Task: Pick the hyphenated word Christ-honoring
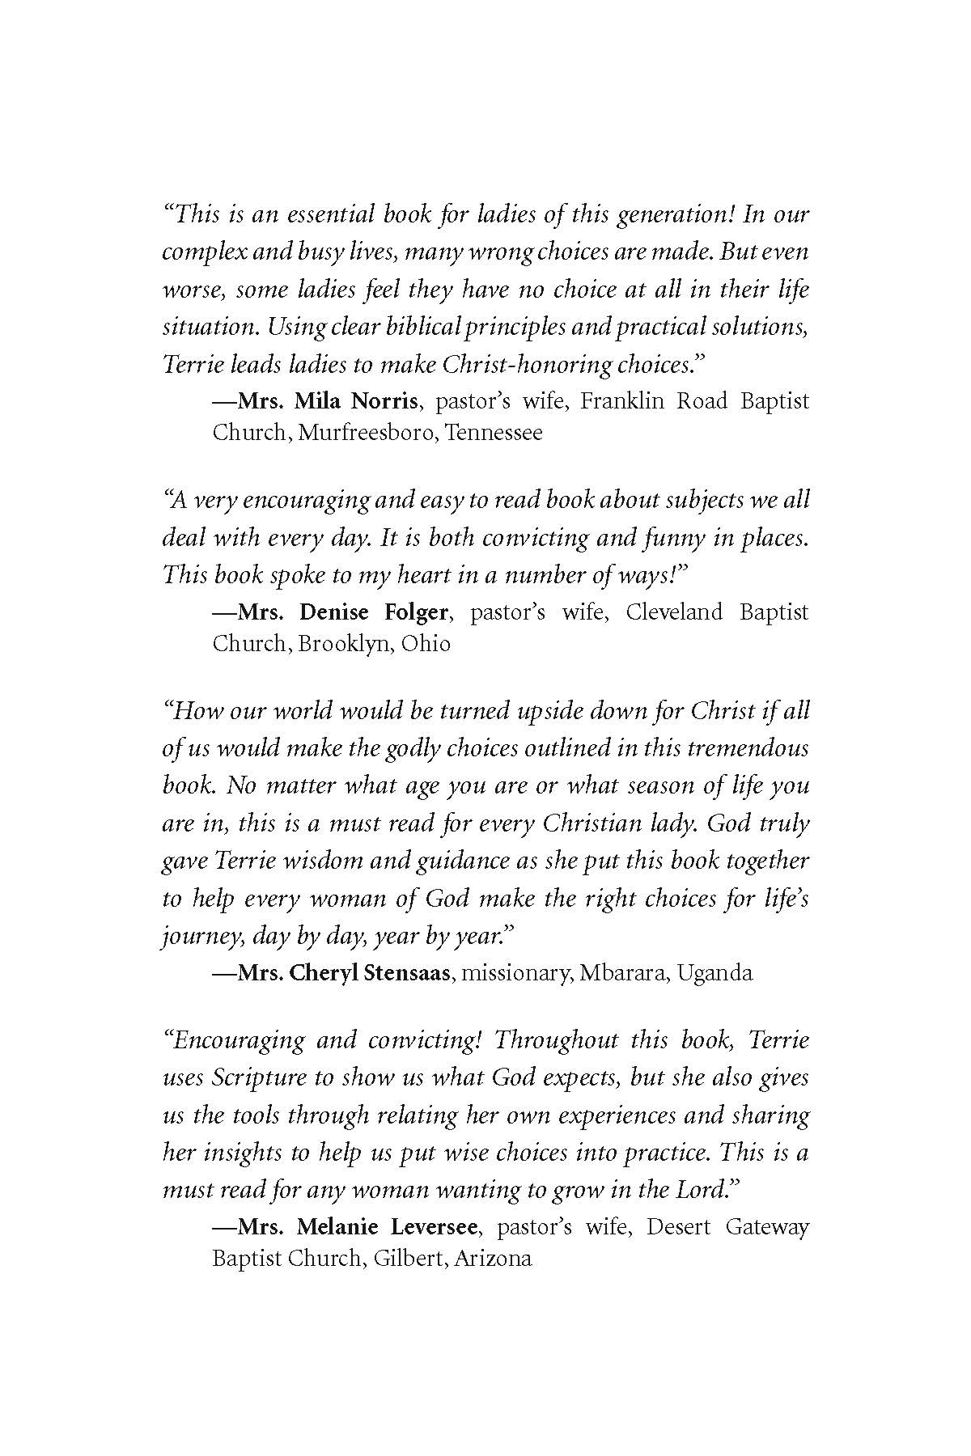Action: point(526,364)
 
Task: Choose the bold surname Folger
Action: point(413,612)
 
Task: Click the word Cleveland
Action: point(673,612)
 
